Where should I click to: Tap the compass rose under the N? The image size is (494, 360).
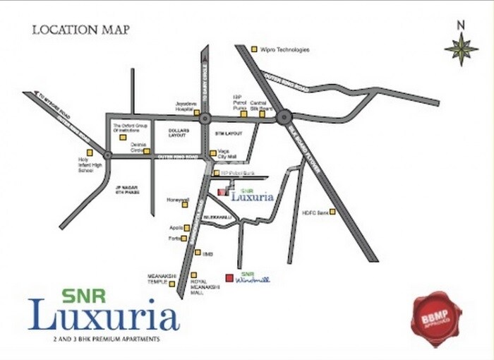click(x=461, y=50)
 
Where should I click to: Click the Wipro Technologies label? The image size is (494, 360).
click(x=285, y=49)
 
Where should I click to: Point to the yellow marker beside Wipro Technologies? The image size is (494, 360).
click(x=255, y=49)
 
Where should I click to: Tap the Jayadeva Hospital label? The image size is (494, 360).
click(x=186, y=107)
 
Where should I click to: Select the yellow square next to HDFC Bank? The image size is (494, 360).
click(x=332, y=212)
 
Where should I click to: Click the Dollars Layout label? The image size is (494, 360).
click(x=179, y=133)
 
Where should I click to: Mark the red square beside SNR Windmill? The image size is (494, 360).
click(x=229, y=277)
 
